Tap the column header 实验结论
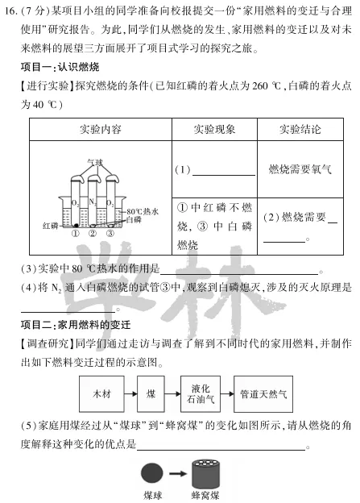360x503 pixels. coord(300,130)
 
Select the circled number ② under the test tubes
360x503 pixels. coord(93,235)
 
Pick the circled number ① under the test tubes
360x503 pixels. coord(76,235)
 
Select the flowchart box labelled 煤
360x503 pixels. coord(151,394)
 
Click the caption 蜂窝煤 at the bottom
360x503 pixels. coord(206,495)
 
